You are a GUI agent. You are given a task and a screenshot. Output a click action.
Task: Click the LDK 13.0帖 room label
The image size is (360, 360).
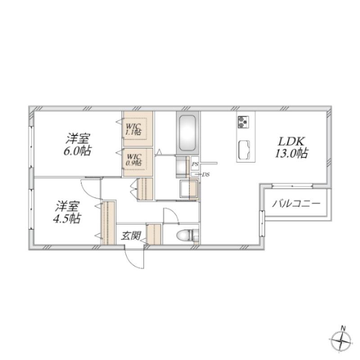pyautogui.click(x=292, y=147)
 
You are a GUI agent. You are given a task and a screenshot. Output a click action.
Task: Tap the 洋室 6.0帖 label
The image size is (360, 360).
pyautogui.click(x=77, y=144)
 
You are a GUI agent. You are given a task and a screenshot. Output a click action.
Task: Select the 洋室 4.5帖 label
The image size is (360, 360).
pyautogui.click(x=67, y=212)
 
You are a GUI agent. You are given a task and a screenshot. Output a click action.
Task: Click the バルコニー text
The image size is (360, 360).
pyautogui.click(x=296, y=203)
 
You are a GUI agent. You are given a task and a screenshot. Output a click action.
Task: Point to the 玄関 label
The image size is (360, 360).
pyautogui.click(x=131, y=235)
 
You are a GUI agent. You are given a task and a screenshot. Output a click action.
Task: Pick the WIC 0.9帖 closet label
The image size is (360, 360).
pyautogui.click(x=134, y=160)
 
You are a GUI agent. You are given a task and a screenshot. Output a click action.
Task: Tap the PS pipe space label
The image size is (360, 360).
pyautogui.click(x=195, y=164)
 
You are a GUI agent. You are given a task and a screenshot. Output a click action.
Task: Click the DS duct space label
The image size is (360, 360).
pyautogui.click(x=206, y=175)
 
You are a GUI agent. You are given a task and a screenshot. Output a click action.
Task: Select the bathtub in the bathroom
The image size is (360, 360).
pyautogui.click(x=187, y=133)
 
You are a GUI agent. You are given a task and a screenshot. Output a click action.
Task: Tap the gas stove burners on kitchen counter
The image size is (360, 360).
pyautogui.click(x=243, y=121)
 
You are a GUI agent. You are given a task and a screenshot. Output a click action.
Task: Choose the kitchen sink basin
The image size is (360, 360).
pyautogui.click(x=244, y=150)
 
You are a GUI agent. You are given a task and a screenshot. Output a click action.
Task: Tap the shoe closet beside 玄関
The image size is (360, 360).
pyautogui.click(x=154, y=234)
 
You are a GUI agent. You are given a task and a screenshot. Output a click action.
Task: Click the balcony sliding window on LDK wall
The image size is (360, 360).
pyautogui.click(x=292, y=186)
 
